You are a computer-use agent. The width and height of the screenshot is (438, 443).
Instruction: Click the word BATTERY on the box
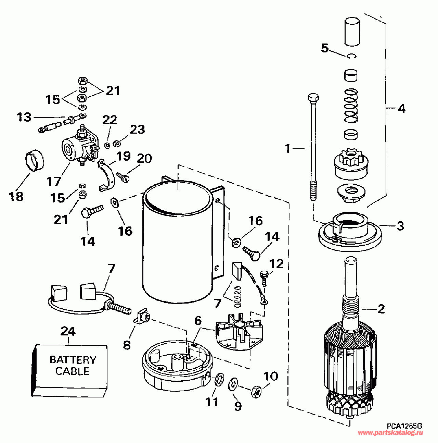click(73, 360)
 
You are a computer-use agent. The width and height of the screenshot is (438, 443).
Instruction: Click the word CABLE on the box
click(73, 371)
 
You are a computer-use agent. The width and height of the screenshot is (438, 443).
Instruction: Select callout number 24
click(68, 331)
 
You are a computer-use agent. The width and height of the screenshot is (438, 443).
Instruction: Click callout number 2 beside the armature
click(381, 309)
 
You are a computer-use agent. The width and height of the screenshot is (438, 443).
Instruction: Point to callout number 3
click(400, 226)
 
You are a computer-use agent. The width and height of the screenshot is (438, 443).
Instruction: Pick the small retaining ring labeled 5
click(352, 56)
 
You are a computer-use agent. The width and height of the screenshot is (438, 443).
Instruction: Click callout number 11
click(212, 402)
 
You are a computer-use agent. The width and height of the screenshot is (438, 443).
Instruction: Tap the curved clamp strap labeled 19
click(106, 175)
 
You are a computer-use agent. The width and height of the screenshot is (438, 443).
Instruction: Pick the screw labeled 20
click(122, 176)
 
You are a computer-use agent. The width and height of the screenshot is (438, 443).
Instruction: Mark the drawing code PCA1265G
click(404, 426)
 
